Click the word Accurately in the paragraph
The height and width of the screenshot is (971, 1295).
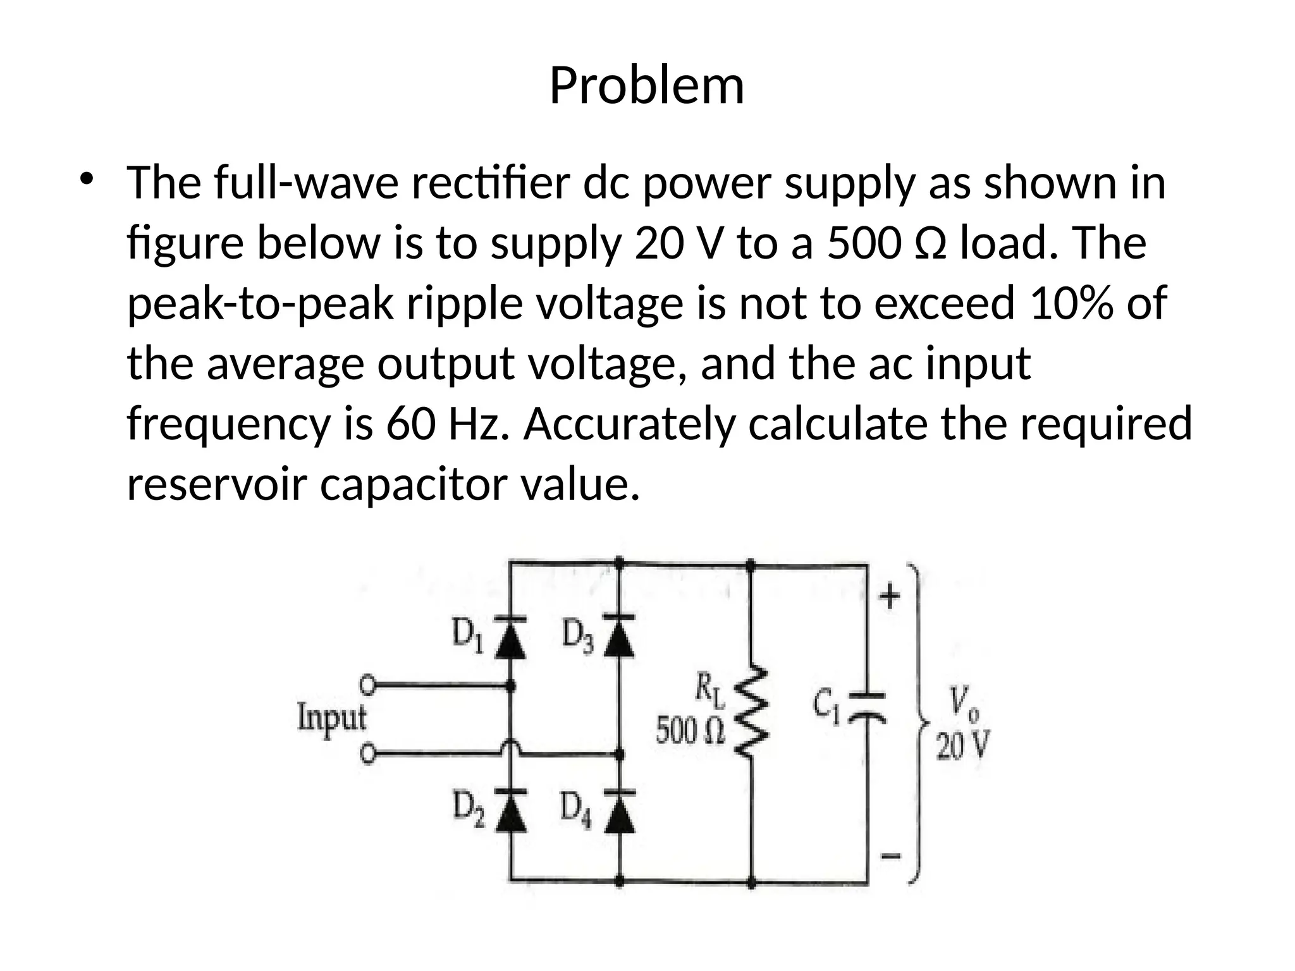pyautogui.click(x=629, y=424)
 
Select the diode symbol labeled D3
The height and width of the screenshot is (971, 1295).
pyautogui.click(x=619, y=635)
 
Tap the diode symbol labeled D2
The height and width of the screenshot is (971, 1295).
pyautogui.click(x=511, y=809)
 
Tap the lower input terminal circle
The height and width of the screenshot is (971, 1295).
pyautogui.click(x=367, y=754)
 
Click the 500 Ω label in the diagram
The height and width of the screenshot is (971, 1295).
pyautogui.click(x=690, y=731)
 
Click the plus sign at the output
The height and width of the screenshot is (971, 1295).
pyautogui.click(x=890, y=595)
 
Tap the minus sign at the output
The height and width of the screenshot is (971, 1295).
pyautogui.click(x=890, y=857)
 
